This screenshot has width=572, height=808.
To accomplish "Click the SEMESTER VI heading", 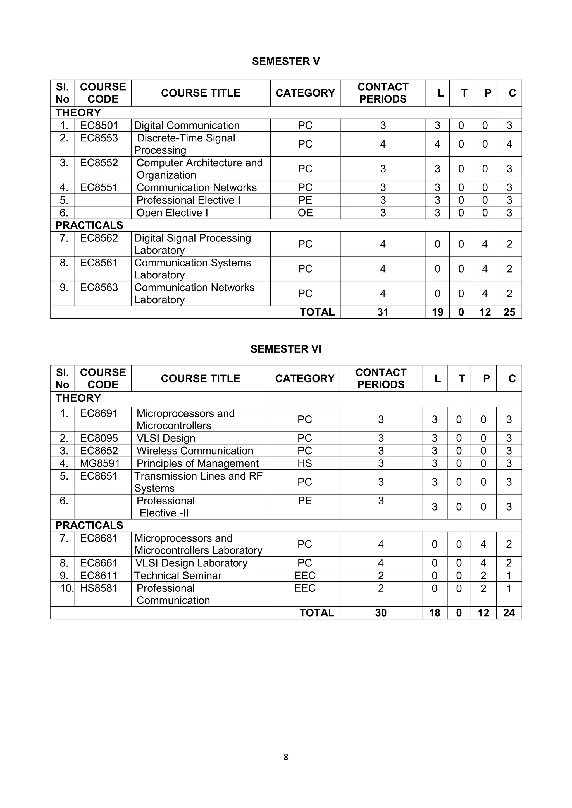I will point(286,349).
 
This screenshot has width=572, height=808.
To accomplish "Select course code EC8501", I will point(99,125).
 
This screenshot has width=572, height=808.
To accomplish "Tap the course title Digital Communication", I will point(187,125).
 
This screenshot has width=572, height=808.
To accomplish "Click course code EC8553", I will point(99,138).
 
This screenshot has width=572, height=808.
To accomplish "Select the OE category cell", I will point(305,213).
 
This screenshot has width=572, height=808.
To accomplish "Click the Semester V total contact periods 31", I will point(383,312).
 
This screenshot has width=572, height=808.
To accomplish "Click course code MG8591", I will point(100,463).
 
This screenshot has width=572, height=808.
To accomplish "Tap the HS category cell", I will point(305,463).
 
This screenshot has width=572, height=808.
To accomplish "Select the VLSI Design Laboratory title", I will point(191,563).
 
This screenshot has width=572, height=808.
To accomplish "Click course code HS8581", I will point(99,588).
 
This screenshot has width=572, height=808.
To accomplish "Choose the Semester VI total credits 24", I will point(509,613).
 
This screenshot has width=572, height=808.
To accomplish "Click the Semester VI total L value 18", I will point(434,613).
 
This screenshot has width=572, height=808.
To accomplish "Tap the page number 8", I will point(286,757).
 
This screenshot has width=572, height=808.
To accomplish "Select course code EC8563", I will point(99,288).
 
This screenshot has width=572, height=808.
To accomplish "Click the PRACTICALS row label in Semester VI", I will point(89,525).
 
